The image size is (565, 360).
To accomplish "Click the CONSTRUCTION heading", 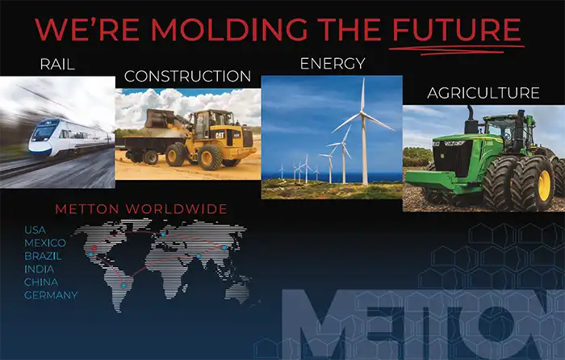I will pos(187,77).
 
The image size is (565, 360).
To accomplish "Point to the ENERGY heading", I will pos(332,63).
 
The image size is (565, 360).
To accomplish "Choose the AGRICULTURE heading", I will pos(483,94).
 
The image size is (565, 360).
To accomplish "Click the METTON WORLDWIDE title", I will pos(140,209).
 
